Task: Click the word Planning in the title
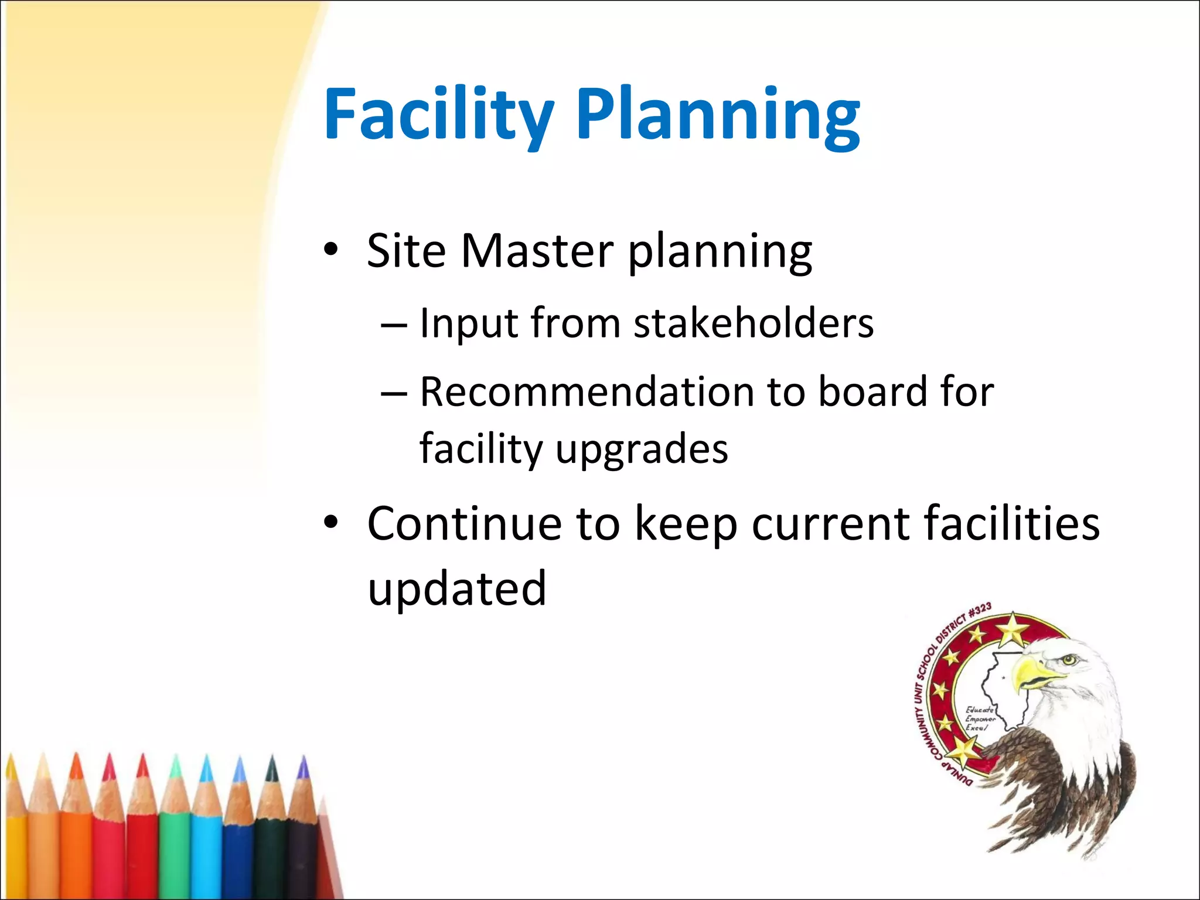coord(718,114)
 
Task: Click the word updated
coord(457,588)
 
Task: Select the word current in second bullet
coord(830,523)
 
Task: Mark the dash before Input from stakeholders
coord(394,325)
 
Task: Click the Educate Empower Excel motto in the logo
coord(979,718)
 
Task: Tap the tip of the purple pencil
coord(303,765)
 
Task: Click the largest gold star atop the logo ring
coord(1012,631)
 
